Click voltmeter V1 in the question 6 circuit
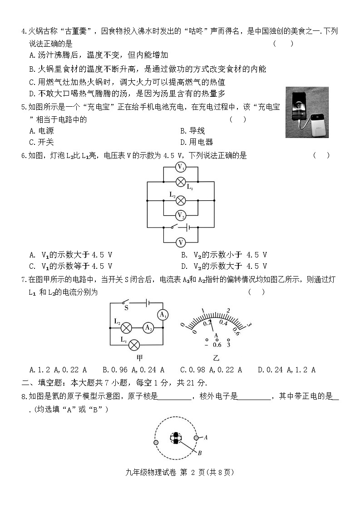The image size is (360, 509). pos(181,167)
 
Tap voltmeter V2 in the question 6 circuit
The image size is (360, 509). pos(181,214)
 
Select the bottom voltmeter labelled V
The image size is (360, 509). pos(181,242)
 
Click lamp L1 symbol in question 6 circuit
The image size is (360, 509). pos(181,183)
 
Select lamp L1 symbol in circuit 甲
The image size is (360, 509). pos(133,345)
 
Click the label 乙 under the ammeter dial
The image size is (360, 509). pos(216,357)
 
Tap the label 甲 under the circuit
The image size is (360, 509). pos(133,358)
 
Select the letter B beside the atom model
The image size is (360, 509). pos(199,453)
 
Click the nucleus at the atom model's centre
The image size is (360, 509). pos(176,438)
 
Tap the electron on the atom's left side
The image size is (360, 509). pos(156,442)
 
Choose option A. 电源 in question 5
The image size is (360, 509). pos(41,131)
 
